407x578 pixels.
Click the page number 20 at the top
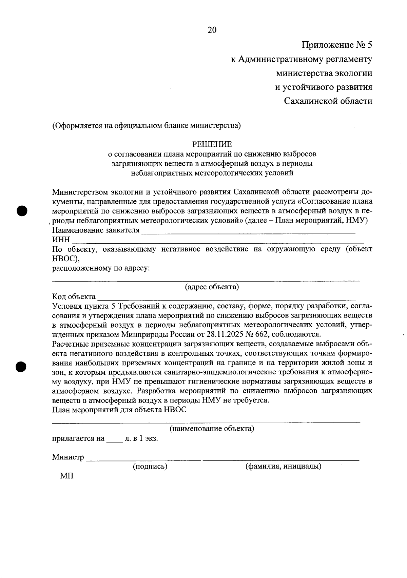coord(212,30)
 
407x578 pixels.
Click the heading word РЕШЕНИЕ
coord(212,144)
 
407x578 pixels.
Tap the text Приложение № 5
coord(337,45)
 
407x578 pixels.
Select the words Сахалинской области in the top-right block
coord(328,101)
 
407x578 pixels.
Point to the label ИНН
coord(61,240)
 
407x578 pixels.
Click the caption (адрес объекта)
coord(212,287)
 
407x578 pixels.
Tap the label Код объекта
coord(74,297)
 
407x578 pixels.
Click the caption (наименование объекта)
coord(212,429)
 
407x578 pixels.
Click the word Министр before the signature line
coord(68,457)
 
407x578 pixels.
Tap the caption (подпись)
coord(150,467)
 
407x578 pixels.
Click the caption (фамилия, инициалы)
coord(283,467)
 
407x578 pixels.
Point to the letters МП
coord(66,476)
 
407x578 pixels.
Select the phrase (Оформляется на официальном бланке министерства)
coord(146,126)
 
